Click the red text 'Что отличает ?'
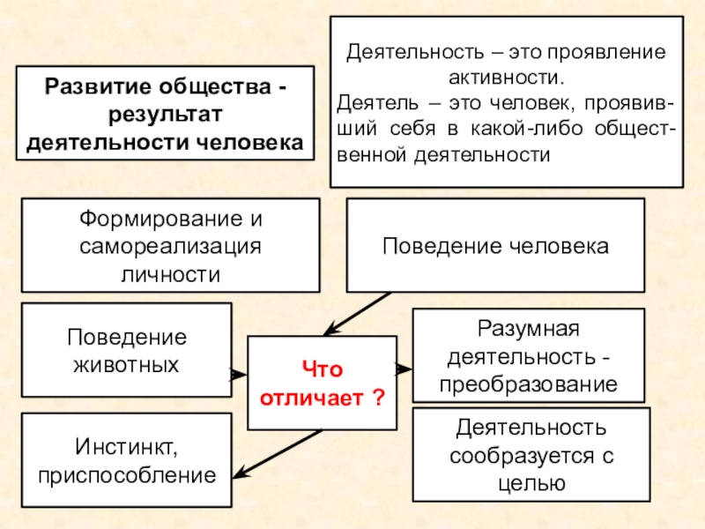321,383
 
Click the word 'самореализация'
170,245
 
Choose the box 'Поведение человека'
494,245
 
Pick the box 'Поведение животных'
127,350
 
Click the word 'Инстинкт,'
126,451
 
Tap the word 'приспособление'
127,476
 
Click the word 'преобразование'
530,384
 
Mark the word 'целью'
531,483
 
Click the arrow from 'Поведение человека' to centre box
356,313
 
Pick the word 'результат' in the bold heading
164,115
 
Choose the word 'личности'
170,272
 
